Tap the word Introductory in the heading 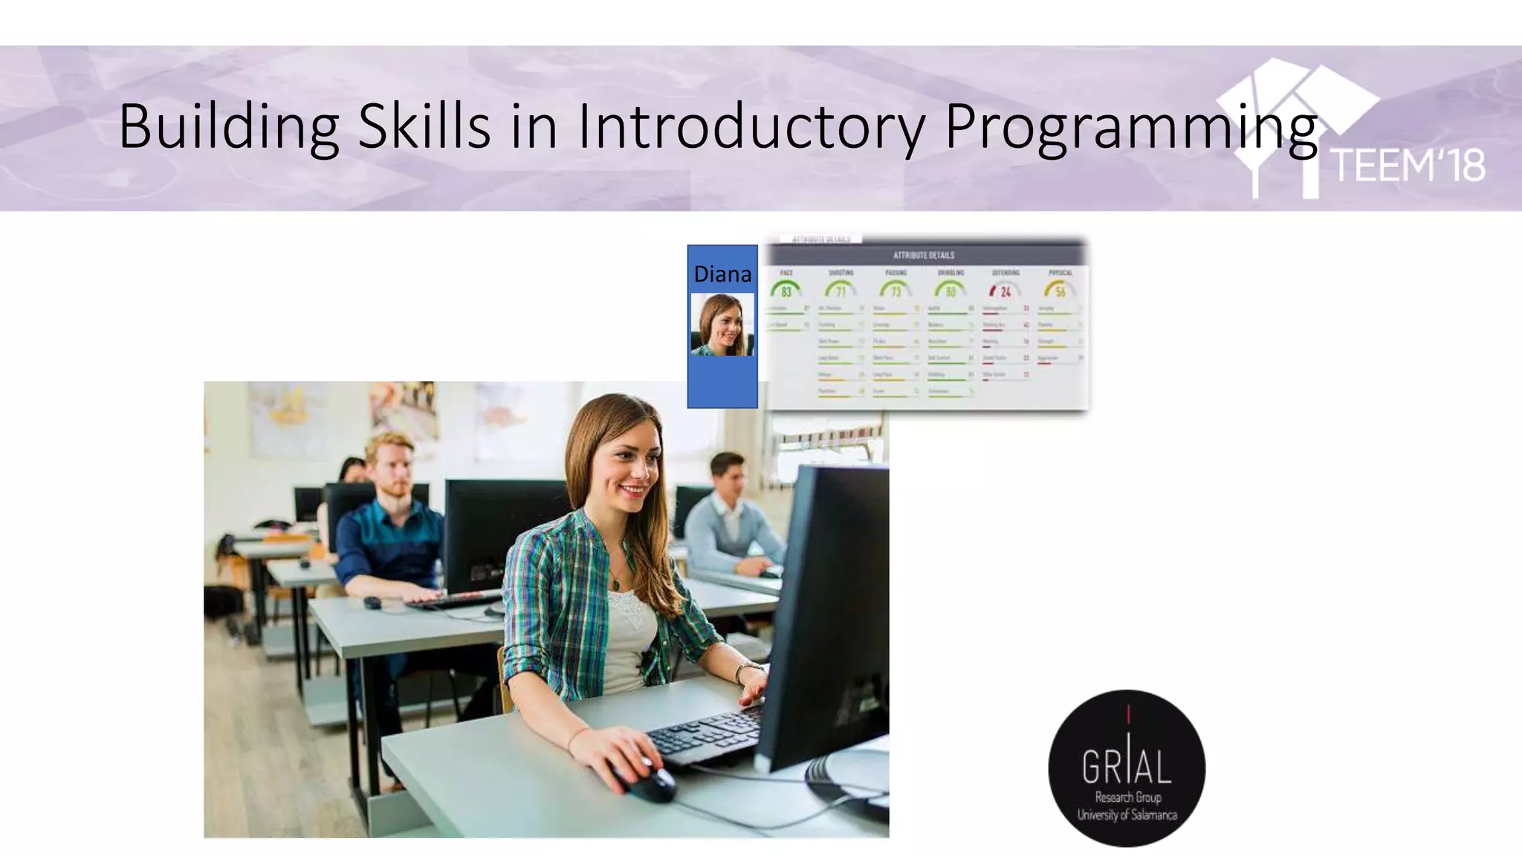click(751, 126)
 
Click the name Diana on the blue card click(722, 274)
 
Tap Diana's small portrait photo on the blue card click(722, 325)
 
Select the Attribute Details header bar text click(924, 255)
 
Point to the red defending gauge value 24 click(1005, 291)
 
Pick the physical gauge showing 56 click(1060, 291)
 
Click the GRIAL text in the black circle click(1126, 767)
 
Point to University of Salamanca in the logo click(1127, 815)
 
